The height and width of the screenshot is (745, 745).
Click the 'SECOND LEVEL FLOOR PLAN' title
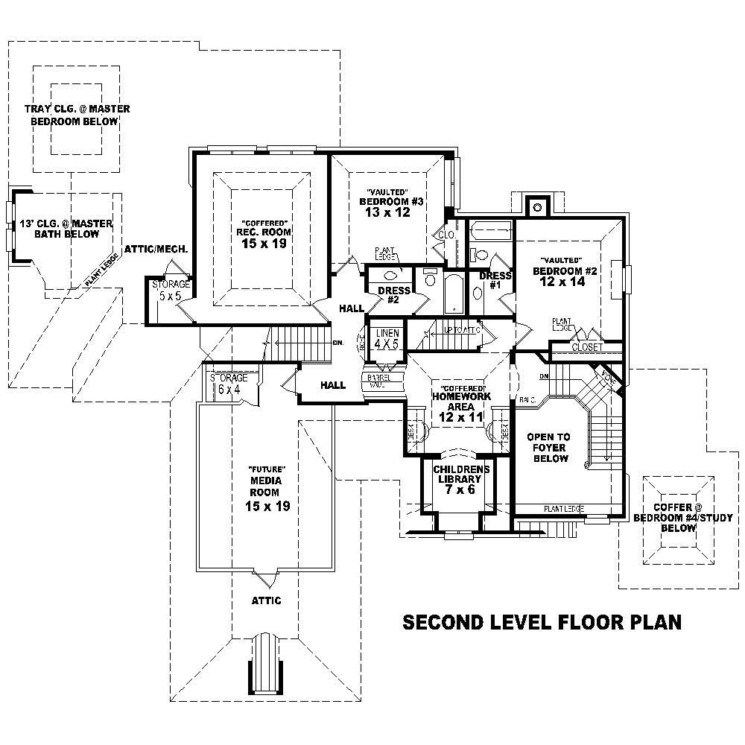coord(542,622)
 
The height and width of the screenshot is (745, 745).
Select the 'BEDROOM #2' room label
coord(565,271)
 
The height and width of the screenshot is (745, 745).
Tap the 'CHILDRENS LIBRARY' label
coord(462,474)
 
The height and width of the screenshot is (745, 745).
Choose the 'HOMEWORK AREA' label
coord(461,402)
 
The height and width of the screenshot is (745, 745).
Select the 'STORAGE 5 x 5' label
coord(171,290)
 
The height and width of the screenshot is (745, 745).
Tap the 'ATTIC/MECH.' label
coord(156,249)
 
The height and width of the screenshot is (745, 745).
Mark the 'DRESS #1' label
coord(495,279)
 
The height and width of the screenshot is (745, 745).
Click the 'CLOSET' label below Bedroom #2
coord(587,347)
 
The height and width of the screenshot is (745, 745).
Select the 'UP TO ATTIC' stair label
coord(460,330)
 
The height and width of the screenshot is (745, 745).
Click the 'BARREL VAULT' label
coord(376,381)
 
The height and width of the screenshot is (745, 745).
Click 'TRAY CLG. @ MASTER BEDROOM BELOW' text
coord(77,115)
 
